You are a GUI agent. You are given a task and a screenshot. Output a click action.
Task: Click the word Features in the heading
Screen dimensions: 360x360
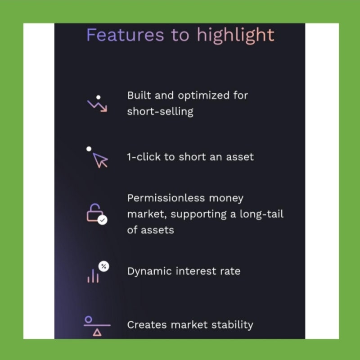click(125, 35)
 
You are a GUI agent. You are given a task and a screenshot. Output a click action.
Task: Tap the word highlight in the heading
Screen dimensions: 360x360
click(235, 35)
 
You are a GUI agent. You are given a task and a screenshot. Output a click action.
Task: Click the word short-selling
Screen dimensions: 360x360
click(160, 111)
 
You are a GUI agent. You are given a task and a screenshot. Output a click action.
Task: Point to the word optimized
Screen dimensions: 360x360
click(203, 96)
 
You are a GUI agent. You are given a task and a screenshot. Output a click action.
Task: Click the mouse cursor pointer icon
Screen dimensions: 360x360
click(100, 160)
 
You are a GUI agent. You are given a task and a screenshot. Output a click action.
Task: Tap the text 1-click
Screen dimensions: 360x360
click(144, 157)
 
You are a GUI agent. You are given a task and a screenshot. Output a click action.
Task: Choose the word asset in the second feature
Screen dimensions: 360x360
click(240, 157)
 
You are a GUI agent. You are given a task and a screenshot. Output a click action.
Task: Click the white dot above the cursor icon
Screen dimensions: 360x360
click(89, 149)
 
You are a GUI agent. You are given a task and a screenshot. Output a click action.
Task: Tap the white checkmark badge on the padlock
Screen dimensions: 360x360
click(103, 220)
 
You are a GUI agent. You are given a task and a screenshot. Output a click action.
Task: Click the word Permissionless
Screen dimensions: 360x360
click(166, 198)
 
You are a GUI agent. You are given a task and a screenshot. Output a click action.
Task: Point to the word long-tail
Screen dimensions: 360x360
click(261, 214)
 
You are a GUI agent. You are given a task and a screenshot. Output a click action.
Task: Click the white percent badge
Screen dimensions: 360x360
click(104, 266)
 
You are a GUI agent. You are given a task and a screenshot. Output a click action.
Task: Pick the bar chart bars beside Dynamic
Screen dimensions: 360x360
click(93, 276)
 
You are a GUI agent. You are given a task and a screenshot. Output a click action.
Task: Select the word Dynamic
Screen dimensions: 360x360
click(149, 272)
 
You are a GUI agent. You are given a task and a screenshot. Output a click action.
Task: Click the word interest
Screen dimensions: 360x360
click(196, 271)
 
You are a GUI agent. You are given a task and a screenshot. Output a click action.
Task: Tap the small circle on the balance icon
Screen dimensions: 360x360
click(88, 319)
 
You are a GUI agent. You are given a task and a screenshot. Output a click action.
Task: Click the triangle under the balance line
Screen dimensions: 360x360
click(97, 333)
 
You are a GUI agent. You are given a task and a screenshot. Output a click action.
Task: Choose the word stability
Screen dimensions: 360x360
click(232, 325)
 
